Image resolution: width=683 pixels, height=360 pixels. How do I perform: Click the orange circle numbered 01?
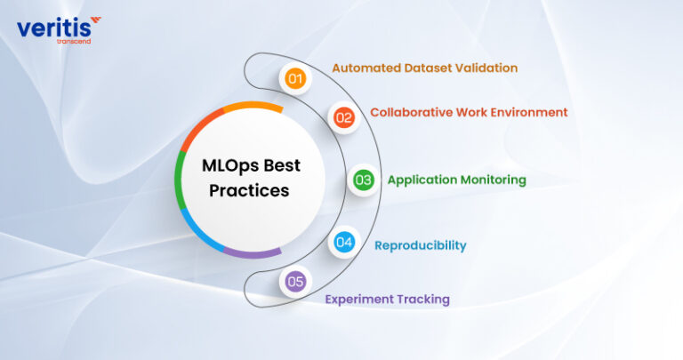295,78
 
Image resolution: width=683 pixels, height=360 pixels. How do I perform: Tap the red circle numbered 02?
344,116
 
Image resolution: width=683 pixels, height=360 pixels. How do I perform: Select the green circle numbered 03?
363,180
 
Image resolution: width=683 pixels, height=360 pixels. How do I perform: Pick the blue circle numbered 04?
344,242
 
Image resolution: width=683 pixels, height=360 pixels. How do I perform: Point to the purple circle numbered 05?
295,282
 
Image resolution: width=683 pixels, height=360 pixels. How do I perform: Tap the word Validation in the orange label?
486,68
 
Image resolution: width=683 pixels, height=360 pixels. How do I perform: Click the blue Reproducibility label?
420,245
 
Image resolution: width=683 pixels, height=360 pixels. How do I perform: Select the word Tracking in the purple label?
422,300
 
